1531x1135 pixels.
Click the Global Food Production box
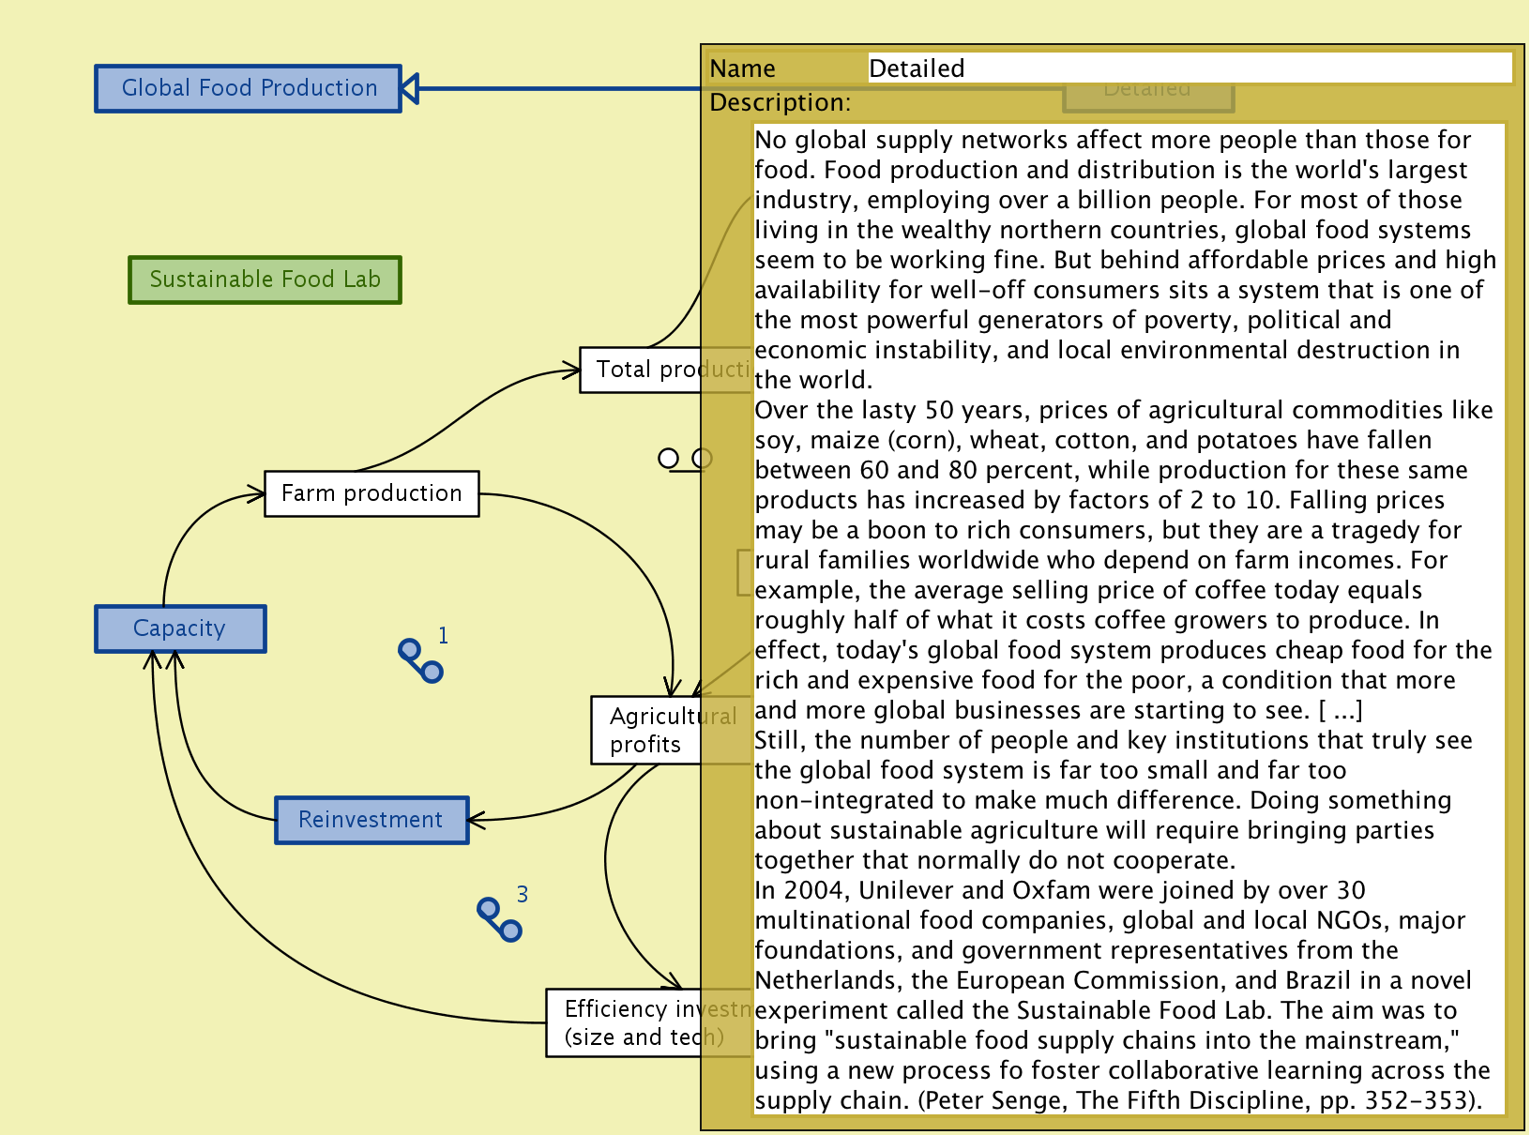(249, 89)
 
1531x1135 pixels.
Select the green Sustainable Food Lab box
(265, 280)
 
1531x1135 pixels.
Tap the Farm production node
(371, 493)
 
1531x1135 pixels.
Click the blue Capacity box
(180, 628)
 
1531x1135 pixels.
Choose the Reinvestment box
(371, 820)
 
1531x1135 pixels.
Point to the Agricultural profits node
(646, 730)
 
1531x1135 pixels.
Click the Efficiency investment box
(624, 1022)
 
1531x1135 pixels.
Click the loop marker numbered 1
(420, 660)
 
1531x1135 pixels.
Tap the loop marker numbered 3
(499, 919)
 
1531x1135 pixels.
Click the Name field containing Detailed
(1189, 68)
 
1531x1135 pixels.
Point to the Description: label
(780, 102)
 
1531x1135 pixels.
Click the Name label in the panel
(742, 68)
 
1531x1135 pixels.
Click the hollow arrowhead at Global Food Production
(410, 89)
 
